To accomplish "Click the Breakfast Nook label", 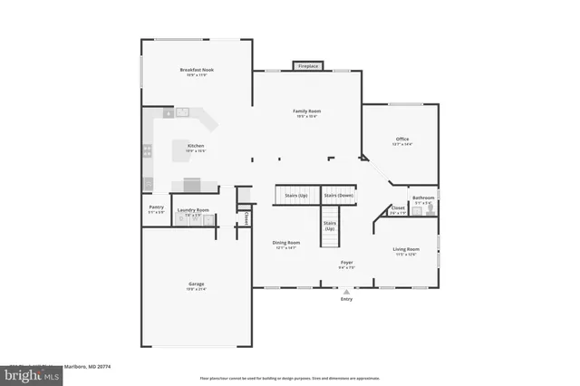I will point(196,70).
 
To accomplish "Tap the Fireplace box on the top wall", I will point(308,66).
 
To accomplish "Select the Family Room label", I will point(307,111).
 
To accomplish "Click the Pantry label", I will point(156,207).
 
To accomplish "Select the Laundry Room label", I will point(192,210).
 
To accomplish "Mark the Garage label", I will point(196,285).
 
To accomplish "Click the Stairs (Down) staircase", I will point(339,196).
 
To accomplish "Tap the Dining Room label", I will point(286,242).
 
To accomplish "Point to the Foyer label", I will point(346,263).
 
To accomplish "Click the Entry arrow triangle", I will point(345,293).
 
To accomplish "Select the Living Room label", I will point(405,249).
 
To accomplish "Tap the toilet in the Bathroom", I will point(431,209).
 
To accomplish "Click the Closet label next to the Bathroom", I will point(398,207).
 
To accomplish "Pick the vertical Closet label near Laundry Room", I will point(245,218).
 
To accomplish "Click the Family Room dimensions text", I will point(307,117).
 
